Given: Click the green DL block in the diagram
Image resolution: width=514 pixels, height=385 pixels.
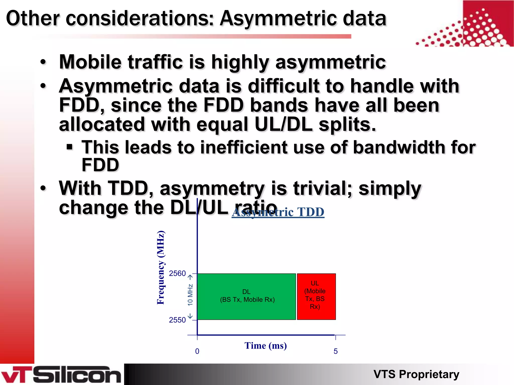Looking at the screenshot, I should pos(246,296).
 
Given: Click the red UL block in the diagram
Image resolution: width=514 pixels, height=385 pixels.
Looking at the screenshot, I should pos(316,296).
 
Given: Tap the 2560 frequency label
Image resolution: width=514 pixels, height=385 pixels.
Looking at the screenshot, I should pos(177,273).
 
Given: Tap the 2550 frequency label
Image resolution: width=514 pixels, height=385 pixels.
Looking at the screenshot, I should pos(177,320).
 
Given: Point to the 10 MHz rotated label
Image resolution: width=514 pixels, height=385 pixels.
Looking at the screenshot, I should pos(190,295).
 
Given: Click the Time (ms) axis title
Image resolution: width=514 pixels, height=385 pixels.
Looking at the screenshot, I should pos(266,346).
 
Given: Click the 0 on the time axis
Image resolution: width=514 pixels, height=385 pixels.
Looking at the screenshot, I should pos(197,351).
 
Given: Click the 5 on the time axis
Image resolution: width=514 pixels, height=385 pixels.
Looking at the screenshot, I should pos(336,351).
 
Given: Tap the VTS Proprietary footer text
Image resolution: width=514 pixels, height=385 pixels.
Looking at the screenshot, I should pos(416,374).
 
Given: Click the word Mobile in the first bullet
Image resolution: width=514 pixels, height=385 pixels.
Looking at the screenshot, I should pos(90,62).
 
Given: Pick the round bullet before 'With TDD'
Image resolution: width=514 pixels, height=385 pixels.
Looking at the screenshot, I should pos(43,188).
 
